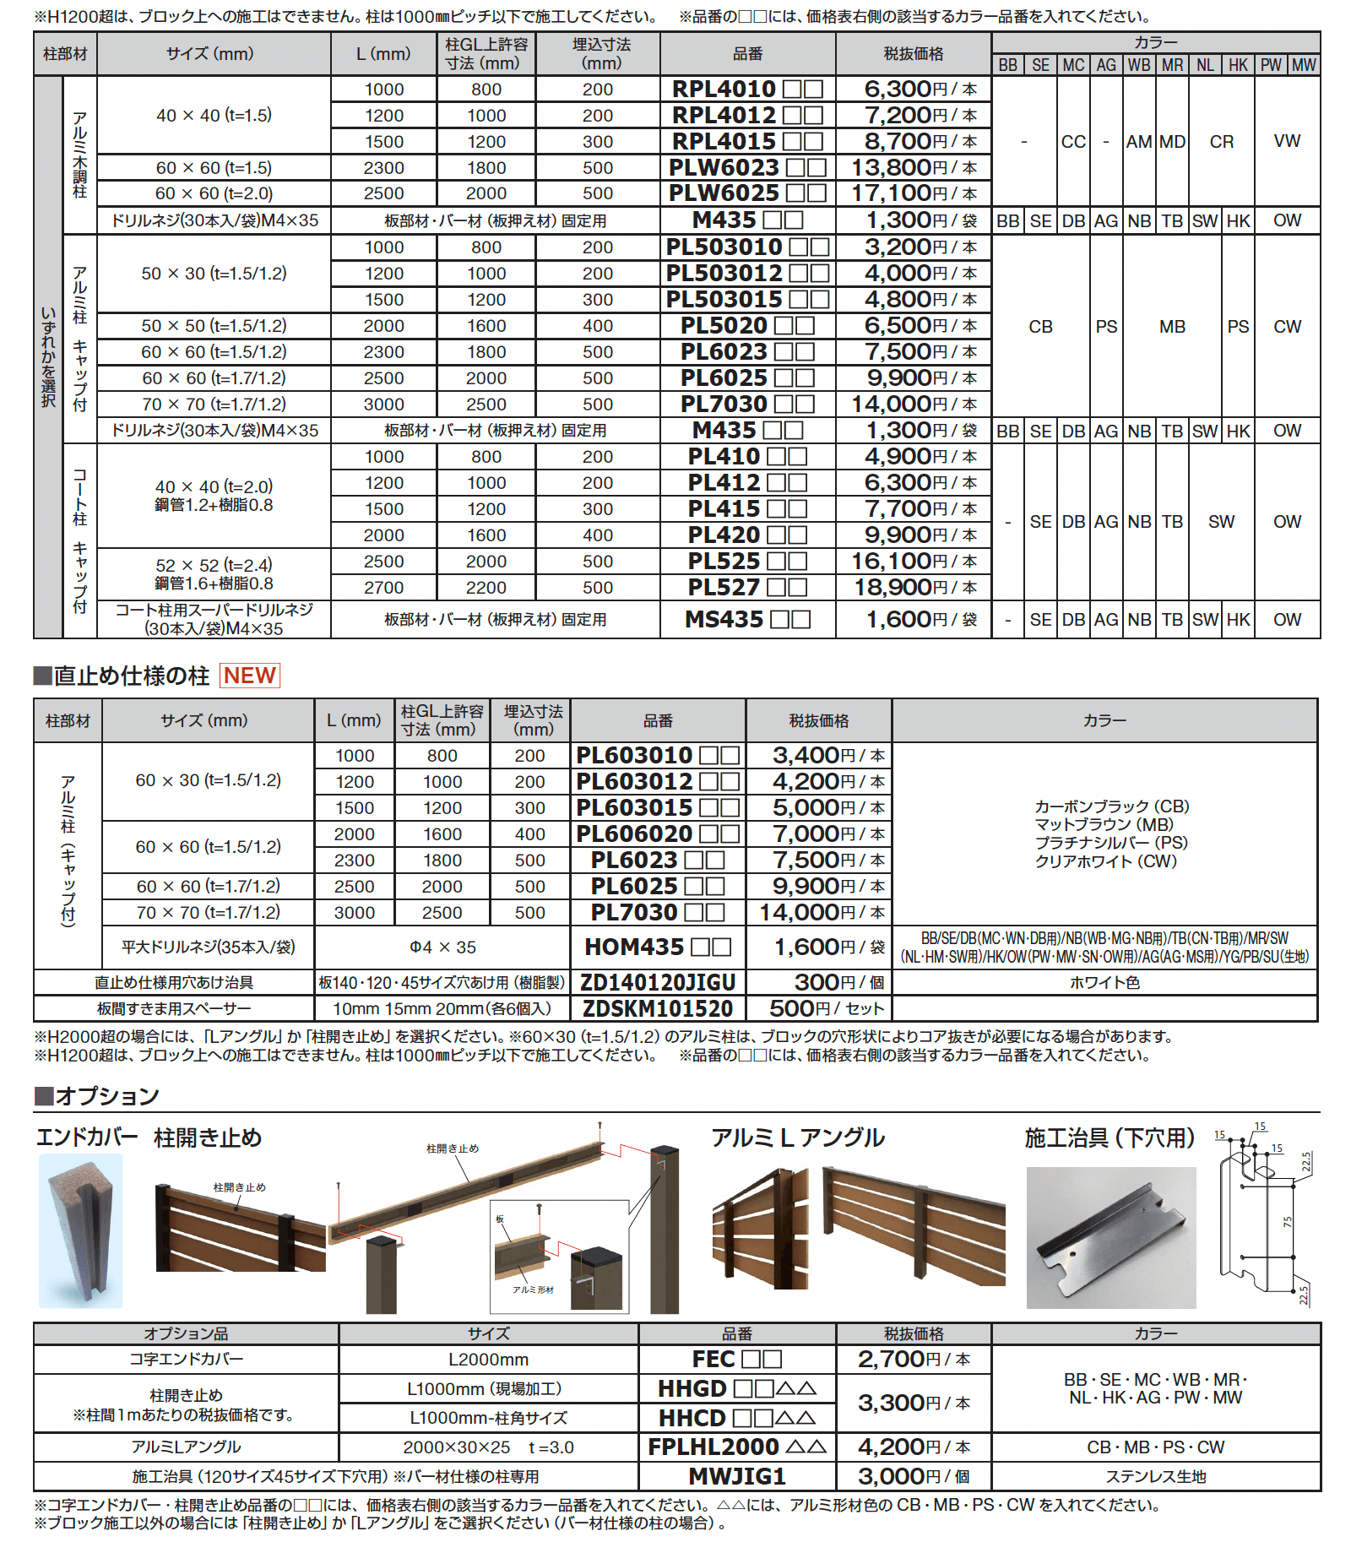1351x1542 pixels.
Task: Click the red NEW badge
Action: (x=250, y=676)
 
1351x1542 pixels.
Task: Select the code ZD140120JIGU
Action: (x=657, y=982)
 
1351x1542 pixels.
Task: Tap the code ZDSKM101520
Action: (x=657, y=1008)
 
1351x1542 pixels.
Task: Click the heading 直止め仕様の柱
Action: (x=131, y=676)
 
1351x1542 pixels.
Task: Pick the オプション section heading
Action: (x=106, y=1096)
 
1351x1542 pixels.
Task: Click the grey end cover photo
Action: (x=80, y=1231)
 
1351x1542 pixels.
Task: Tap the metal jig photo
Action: (x=1110, y=1237)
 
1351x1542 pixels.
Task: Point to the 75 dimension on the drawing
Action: (x=1287, y=1222)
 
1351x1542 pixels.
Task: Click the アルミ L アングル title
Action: (x=797, y=1137)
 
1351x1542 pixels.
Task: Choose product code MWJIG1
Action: (x=736, y=1476)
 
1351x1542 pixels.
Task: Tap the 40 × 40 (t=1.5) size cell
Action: (x=214, y=115)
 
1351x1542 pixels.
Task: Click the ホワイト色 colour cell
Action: (x=1104, y=982)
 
